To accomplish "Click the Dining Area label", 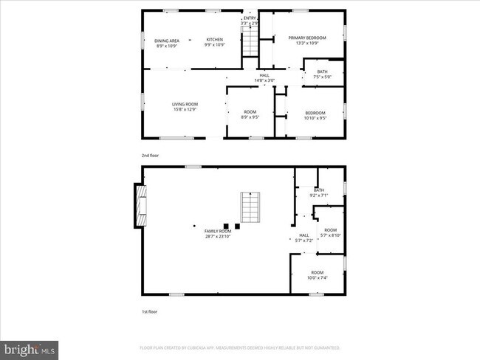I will (x=167, y=43).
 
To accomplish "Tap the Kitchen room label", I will (x=214, y=43).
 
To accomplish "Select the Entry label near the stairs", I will (x=250, y=21).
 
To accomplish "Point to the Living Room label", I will (x=185, y=107).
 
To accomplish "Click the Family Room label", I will (x=218, y=234).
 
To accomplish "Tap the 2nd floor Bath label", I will (x=323, y=74).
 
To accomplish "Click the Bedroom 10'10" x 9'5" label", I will (x=315, y=115).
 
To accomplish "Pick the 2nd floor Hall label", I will (x=264, y=77).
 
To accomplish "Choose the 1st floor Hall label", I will (x=304, y=238).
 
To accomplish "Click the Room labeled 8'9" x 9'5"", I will (x=250, y=114).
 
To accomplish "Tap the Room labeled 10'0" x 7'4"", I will (x=317, y=275).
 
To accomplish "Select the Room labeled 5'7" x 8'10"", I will (x=330, y=232).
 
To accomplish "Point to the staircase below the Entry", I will (x=250, y=41).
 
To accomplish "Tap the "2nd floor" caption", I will (x=150, y=156).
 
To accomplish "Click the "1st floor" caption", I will (x=149, y=312).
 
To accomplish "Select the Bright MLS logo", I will (x=30, y=347).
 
